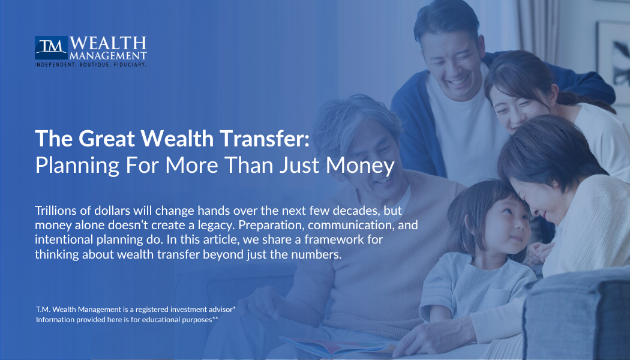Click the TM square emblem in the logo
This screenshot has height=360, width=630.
pos(51,48)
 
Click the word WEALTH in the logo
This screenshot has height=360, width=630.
pos(108,44)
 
